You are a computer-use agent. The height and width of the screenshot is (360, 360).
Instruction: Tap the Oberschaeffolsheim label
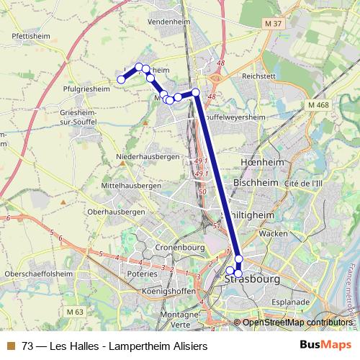click(x=38, y=274)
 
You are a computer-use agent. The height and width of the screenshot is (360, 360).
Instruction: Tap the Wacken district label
click(x=274, y=234)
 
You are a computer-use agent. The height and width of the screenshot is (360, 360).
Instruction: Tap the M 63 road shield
click(x=73, y=312)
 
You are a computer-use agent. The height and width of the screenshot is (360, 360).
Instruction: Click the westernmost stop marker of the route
click(x=122, y=80)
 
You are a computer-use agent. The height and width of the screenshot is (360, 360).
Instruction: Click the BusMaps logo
click(x=323, y=346)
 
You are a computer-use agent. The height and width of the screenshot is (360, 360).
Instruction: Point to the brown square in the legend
click(x=11, y=346)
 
